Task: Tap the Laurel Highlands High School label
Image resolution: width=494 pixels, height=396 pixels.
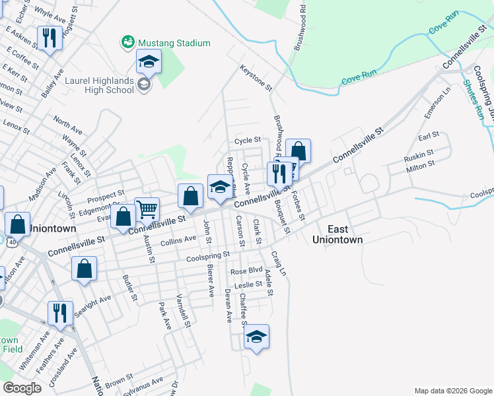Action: (x=99, y=84)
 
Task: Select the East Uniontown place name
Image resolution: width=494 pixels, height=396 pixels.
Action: (x=337, y=234)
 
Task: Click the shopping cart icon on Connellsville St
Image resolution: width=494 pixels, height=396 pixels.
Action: (x=147, y=210)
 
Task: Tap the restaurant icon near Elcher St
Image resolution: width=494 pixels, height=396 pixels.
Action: (x=50, y=38)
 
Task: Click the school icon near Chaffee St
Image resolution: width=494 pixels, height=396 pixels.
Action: (x=256, y=337)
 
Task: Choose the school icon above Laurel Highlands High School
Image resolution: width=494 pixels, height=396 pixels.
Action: (x=149, y=63)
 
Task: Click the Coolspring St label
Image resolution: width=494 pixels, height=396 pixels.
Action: (x=207, y=255)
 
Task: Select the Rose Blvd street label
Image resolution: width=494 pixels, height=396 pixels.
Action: (x=246, y=271)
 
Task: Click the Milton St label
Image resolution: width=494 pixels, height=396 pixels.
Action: (x=419, y=168)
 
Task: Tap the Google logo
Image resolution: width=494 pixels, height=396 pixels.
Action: (x=22, y=387)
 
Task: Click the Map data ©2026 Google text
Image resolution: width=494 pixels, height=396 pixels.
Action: (x=452, y=391)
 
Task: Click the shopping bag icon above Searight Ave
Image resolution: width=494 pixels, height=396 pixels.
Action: (x=85, y=269)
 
